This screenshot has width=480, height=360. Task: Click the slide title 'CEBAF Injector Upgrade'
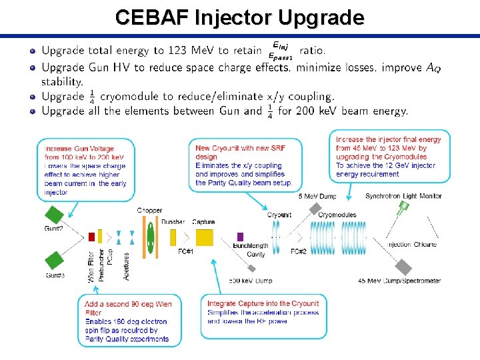click(x=239, y=17)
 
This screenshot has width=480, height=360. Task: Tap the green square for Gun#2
click(x=53, y=215)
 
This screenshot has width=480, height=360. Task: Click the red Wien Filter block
click(x=91, y=237)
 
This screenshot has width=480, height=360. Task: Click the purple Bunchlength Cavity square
click(x=241, y=237)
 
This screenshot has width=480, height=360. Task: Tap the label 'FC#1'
click(x=185, y=251)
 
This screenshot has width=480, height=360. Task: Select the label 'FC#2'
click(x=299, y=251)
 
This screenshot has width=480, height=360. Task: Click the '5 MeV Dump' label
click(x=317, y=196)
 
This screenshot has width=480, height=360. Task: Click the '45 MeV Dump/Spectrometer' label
click(x=399, y=281)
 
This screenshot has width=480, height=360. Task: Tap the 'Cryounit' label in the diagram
click(x=279, y=215)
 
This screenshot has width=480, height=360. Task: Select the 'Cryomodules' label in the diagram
click(x=337, y=215)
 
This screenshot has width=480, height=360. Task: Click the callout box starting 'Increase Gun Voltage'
click(x=85, y=170)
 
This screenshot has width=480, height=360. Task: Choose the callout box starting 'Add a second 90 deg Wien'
click(x=126, y=321)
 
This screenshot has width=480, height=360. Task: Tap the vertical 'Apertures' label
click(x=127, y=265)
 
